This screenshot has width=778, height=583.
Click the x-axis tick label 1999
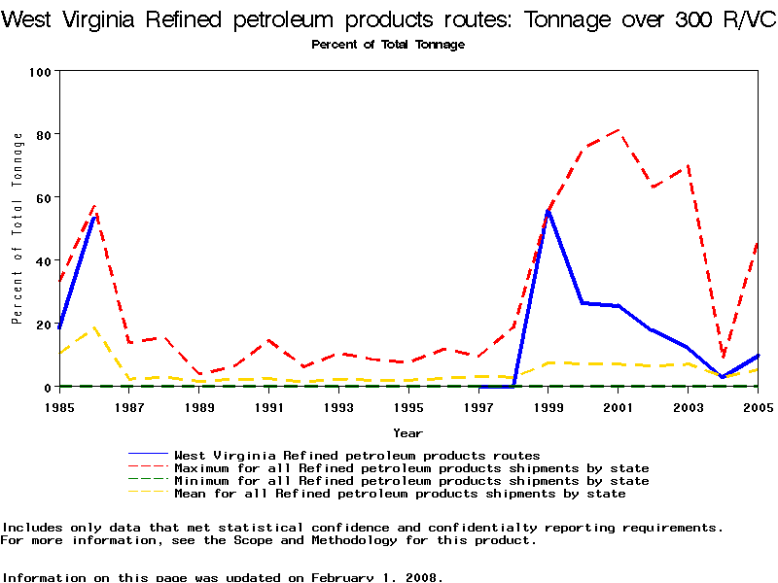point(548,406)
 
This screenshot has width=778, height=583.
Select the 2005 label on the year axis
point(758,406)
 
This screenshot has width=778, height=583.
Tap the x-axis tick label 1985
point(59,406)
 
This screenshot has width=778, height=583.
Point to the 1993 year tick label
point(338,406)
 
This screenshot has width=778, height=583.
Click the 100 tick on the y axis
point(40,71)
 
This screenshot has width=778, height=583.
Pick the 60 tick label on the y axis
point(44,197)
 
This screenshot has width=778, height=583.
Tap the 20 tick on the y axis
point(44,324)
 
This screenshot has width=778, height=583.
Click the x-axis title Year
point(407,432)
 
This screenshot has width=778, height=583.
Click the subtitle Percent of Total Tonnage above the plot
point(388,45)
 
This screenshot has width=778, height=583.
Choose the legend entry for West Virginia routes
point(356,455)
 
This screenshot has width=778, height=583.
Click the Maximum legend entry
point(410,467)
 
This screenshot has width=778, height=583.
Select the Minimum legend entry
point(410,480)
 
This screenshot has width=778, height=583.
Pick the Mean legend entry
point(399,494)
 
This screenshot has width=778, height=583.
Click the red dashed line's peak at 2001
point(619,130)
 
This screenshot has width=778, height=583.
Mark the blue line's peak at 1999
point(548,211)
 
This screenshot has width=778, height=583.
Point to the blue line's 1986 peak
point(94,217)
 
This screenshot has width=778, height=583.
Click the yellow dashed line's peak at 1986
point(94,327)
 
